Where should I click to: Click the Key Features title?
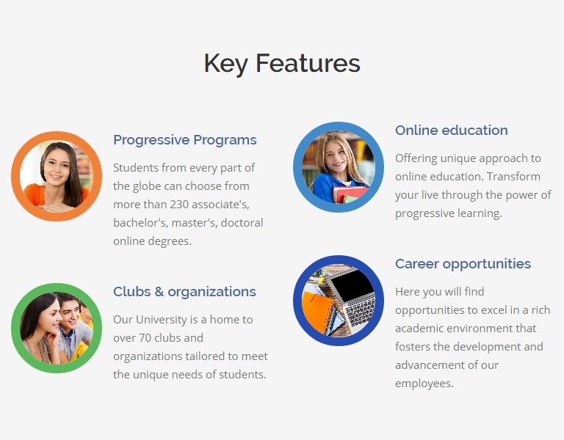pos(282,64)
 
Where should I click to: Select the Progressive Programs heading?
pos(185,141)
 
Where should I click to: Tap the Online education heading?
pos(452,130)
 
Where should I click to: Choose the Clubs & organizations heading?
pos(184,292)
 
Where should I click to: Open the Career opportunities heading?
pos(463,264)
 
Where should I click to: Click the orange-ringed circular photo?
pos(57,176)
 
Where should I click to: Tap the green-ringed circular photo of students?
pos(57,329)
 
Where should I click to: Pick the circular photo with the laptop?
pos(339,301)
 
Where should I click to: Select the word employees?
pos(424,384)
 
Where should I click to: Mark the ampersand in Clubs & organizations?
pos(159,292)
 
